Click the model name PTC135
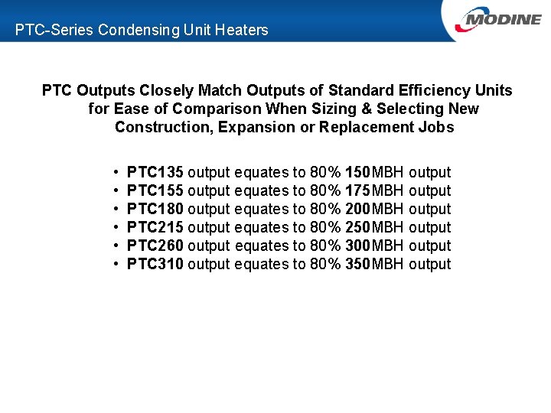155,172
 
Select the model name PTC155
155,190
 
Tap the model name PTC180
155,209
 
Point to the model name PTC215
155,227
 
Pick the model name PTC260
155,246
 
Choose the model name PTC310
155,264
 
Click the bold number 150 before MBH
357,172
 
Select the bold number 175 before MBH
357,190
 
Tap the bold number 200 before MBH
357,209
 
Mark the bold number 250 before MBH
357,227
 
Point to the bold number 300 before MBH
357,246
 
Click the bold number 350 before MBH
357,264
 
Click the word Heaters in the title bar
243,31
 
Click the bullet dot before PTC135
113,173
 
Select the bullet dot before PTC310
113,265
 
